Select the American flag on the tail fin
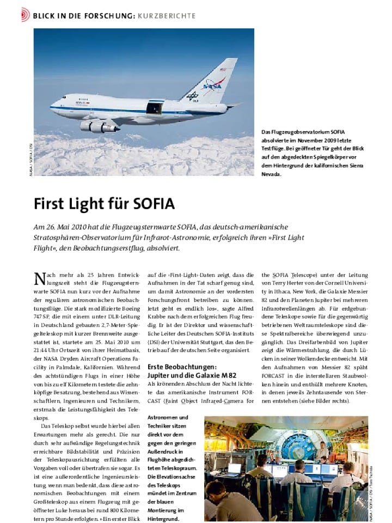[x=223, y=70]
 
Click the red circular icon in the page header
[x=25, y=15]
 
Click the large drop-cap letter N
[x=39, y=279]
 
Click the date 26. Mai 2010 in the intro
[x=67, y=227]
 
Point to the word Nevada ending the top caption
[x=271, y=175]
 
